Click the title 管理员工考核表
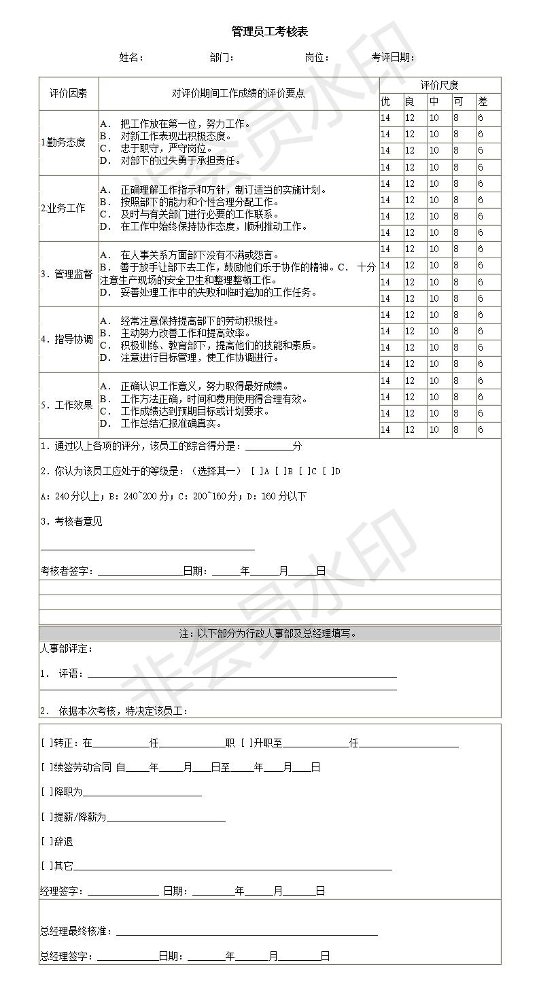click(269, 32)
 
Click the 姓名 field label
click(131, 58)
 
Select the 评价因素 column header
click(68, 94)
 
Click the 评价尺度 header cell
click(439, 86)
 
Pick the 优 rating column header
click(385, 102)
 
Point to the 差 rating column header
click(483, 102)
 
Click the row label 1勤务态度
click(63, 143)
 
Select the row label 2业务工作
click(63, 209)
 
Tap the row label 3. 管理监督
click(66, 275)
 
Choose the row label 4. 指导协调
click(66, 339)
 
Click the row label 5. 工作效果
click(66, 405)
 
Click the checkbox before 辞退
click(46, 842)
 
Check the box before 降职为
click(46, 792)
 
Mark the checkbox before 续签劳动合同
click(46, 768)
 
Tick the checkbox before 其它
click(46, 866)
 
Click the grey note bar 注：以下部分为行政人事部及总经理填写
click(269, 634)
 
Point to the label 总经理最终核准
click(76, 932)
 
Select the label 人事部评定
click(67, 649)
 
